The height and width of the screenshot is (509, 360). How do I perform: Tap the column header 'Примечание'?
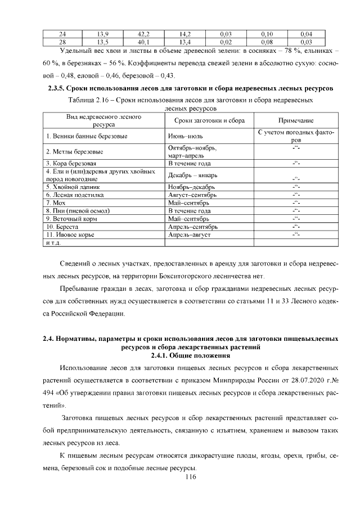click(296, 120)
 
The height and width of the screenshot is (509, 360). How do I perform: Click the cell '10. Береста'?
click(62, 226)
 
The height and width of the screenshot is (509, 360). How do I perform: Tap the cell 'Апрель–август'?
click(189, 235)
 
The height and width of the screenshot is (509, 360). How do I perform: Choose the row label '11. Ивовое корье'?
click(70, 235)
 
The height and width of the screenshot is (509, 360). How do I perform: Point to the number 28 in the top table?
click(62, 42)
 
